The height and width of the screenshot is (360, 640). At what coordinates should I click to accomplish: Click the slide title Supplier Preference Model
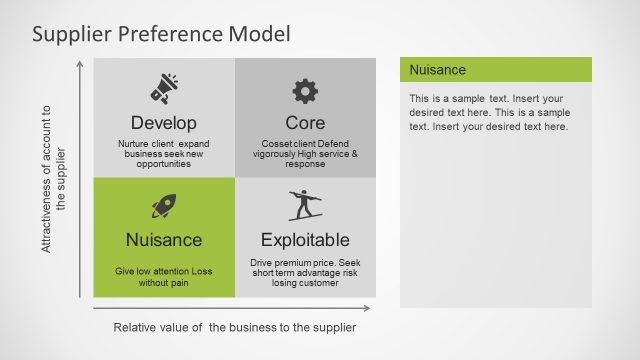[161, 34]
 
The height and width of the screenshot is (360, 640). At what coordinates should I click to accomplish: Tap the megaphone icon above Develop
[164, 89]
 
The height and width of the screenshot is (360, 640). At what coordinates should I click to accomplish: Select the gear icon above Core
[305, 91]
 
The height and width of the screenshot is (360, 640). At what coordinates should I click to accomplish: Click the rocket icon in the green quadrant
[164, 206]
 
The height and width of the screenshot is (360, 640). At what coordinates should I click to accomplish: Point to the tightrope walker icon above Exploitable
[305, 205]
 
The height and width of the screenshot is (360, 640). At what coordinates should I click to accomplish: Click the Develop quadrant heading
[164, 123]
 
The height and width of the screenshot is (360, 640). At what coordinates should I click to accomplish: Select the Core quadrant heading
[305, 123]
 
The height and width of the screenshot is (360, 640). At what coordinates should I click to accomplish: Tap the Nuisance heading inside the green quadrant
[164, 240]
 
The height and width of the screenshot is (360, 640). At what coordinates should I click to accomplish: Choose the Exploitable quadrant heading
[305, 240]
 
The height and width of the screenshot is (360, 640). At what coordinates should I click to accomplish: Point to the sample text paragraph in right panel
[490, 113]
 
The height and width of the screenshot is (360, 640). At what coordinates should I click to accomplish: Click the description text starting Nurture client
[164, 154]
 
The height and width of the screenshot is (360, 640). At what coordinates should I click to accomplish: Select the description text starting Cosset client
[305, 154]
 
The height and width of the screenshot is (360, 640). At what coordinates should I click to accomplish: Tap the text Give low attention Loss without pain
[164, 277]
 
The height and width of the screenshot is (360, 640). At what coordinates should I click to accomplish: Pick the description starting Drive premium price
[305, 273]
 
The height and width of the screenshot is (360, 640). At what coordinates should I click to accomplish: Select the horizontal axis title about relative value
[234, 327]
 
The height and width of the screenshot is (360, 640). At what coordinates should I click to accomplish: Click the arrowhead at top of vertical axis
[80, 64]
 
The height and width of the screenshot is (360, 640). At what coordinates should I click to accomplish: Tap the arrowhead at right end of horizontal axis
[367, 308]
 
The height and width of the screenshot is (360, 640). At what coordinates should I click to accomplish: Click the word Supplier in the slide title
[70, 34]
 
